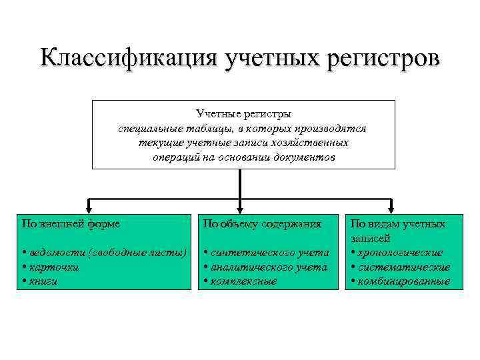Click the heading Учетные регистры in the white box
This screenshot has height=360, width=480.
243,115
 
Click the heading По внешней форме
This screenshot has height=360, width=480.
71,224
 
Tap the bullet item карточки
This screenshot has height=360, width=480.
52,267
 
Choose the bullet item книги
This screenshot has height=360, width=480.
43,281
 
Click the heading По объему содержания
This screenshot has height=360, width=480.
262,224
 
